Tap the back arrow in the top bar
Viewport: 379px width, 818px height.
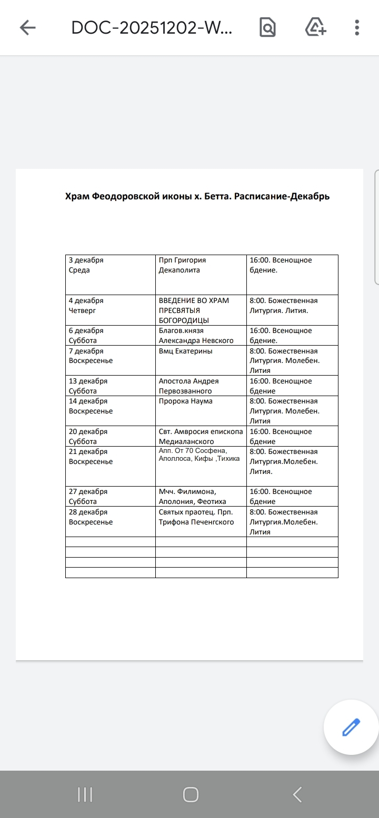pos(27,27)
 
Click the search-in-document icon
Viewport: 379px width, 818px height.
pos(267,27)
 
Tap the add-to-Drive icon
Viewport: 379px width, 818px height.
pos(316,27)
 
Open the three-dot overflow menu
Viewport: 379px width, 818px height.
pos(357,27)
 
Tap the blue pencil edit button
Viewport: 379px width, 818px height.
pos(351,728)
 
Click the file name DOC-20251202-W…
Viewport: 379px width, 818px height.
pos(152,27)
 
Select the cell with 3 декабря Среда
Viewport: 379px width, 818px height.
pos(110,274)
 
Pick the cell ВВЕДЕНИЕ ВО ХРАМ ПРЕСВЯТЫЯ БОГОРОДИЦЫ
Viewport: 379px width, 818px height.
pos(201,310)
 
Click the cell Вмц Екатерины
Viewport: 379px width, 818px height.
pos(201,360)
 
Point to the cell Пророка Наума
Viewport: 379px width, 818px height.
pos(201,410)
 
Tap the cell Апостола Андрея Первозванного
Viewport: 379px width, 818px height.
pos(201,386)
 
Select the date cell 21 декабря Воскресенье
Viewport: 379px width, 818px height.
pos(110,466)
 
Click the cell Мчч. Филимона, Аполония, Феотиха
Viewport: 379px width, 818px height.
pos(201,496)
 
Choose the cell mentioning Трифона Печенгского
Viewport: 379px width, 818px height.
pos(201,521)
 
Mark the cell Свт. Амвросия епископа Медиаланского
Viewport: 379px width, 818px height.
pos(201,436)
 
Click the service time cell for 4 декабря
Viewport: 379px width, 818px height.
pos(292,310)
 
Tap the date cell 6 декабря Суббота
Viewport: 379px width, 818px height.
pos(110,335)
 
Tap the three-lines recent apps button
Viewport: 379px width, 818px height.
pos(85,794)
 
